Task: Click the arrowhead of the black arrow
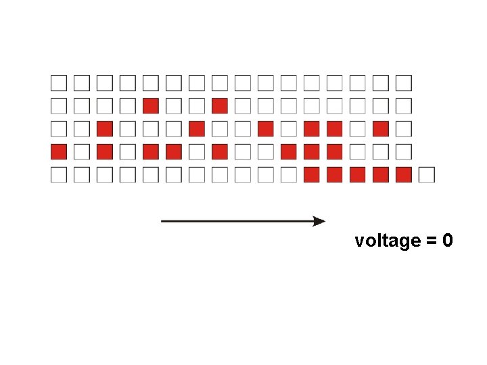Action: [319, 221]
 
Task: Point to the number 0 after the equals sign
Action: [447, 241]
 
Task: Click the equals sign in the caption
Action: [431, 241]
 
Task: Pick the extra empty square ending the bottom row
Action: [426, 174]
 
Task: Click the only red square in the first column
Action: [59, 151]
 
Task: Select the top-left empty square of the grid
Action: [59, 82]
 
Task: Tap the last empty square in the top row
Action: [403, 82]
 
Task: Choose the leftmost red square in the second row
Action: [151, 105]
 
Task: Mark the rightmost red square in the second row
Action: [219, 105]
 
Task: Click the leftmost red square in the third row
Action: [105, 128]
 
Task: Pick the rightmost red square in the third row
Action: [380, 128]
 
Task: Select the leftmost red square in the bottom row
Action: [311, 174]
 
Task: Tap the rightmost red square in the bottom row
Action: [403, 174]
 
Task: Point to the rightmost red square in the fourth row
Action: [334, 151]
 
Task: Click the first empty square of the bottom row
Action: [59, 174]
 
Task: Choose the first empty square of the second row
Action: [59, 105]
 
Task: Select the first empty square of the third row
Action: [59, 128]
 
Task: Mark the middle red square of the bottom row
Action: [357, 174]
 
